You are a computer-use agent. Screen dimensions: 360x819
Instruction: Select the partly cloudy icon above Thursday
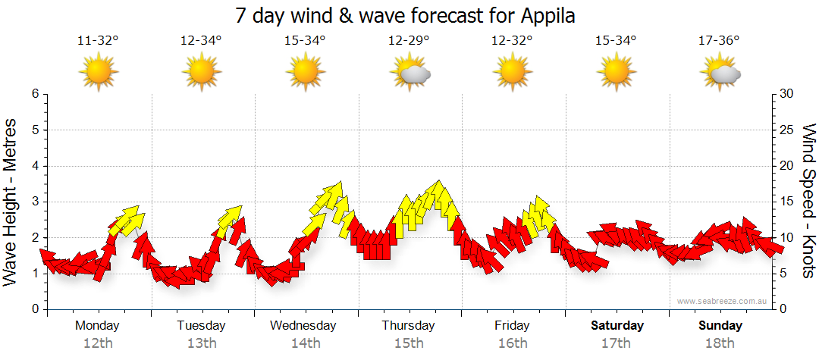[410, 73]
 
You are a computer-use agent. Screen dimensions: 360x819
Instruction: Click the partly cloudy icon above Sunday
[720, 73]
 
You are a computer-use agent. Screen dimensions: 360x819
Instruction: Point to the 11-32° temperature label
[99, 41]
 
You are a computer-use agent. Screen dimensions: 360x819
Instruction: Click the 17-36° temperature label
[719, 41]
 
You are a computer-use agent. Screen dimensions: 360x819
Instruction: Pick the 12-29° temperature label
[409, 41]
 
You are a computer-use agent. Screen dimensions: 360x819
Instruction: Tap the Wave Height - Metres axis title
[11, 202]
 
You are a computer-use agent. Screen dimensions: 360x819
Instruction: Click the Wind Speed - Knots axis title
[808, 202]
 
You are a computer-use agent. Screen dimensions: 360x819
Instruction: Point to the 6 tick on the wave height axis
[34, 94]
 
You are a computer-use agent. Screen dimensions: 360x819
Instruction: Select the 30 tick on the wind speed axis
[786, 94]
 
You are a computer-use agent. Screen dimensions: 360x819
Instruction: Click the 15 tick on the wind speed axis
[786, 202]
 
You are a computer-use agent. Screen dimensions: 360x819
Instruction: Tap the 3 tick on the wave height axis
[34, 202]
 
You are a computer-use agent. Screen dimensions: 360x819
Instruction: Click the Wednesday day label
[303, 326]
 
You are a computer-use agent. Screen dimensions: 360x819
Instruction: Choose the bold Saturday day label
[617, 326]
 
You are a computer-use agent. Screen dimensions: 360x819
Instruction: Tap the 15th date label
[409, 343]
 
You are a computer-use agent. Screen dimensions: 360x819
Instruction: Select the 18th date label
[720, 343]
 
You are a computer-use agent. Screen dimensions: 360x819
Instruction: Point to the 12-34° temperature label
[202, 41]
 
